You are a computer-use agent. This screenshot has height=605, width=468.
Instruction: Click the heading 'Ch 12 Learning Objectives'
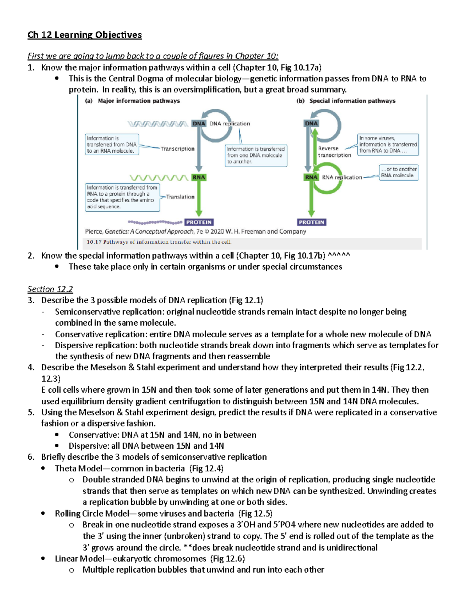pos(85,35)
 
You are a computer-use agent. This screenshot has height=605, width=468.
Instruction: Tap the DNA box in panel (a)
pos(199,123)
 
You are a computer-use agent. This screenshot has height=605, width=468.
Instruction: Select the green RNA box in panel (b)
pos(311,177)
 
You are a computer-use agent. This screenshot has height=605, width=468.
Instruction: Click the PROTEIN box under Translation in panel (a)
pos(199,222)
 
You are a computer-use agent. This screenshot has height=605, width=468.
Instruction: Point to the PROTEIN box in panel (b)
pos(311,222)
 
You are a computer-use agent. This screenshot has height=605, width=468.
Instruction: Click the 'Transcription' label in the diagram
pos(177,149)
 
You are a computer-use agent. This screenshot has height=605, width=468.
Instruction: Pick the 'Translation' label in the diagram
pos(180,197)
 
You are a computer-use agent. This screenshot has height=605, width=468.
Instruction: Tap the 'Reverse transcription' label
pos(334,152)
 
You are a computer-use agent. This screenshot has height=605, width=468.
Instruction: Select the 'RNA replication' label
pos(342,177)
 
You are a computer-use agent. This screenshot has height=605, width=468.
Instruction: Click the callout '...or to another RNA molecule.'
pos(399,172)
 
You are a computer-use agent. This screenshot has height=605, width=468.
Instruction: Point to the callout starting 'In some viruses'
pos(388,145)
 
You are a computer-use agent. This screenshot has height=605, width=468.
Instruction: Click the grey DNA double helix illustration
pos(158,124)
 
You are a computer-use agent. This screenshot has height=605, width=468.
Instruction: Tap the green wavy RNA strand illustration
pos(159,178)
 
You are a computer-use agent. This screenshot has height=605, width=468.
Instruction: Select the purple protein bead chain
pos(155,222)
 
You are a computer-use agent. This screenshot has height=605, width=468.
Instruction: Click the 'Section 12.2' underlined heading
pos(50,289)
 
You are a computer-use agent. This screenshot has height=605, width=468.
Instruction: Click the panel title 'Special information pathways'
pos(352,101)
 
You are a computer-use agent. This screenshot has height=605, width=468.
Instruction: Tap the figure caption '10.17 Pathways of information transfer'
pos(159,242)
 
